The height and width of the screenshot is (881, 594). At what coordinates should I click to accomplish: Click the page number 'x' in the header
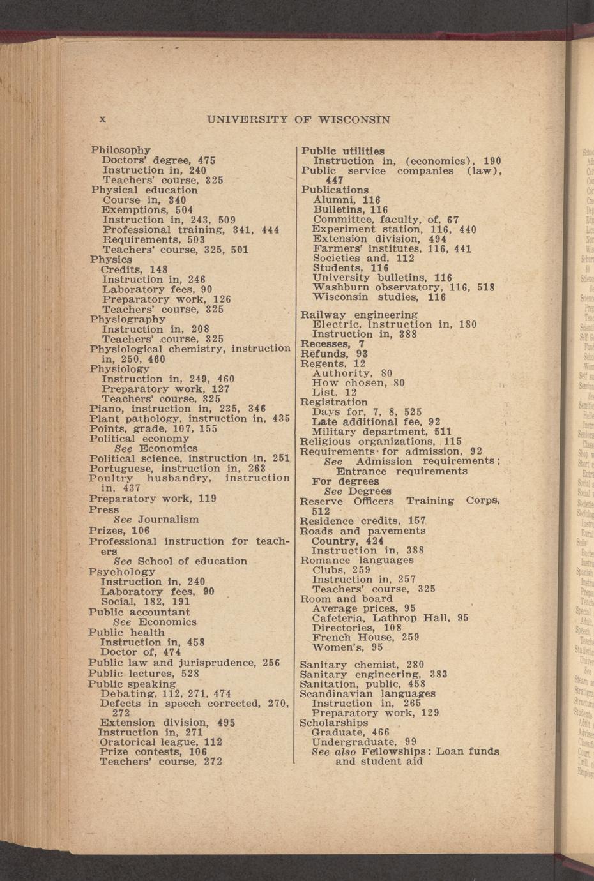click(102, 119)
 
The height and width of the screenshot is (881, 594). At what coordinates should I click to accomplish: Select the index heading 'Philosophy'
click(121, 150)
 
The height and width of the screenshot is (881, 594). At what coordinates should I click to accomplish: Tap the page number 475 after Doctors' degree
click(206, 160)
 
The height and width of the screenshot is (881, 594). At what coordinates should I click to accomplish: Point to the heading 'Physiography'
click(128, 319)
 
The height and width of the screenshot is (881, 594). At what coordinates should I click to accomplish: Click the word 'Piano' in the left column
click(104, 409)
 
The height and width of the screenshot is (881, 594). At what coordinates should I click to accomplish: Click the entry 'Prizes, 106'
click(119, 531)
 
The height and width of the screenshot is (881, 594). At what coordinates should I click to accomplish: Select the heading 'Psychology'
click(122, 572)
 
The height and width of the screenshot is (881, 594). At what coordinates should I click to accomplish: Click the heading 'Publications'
click(335, 190)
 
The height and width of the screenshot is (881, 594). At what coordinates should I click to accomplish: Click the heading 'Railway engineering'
click(359, 315)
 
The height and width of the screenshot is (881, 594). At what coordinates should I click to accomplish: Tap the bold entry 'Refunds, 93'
click(334, 354)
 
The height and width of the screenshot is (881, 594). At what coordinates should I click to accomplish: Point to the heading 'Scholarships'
click(334, 723)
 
